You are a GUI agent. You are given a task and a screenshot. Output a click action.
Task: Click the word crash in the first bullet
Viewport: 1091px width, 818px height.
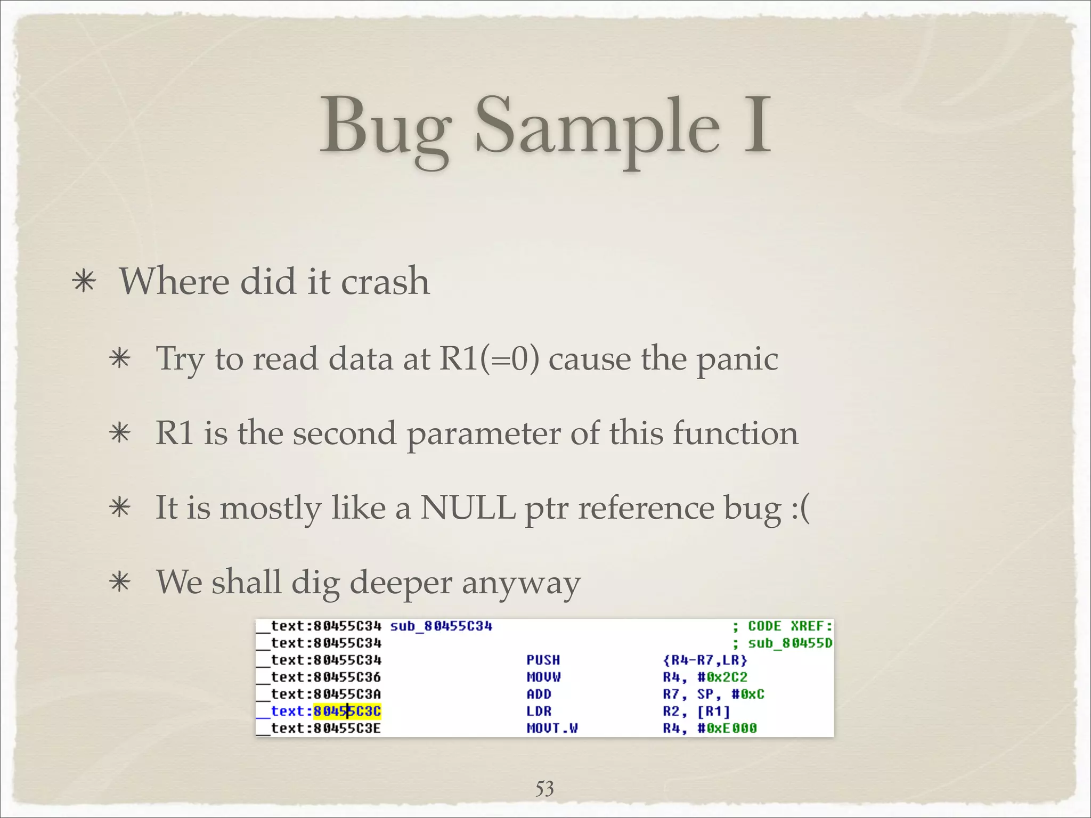385,282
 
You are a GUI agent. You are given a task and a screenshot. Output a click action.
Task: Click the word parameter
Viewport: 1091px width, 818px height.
483,434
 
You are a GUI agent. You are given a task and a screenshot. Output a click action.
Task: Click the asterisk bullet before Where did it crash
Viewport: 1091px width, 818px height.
85,282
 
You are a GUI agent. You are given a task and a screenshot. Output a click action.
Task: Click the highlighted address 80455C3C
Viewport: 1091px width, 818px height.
347,711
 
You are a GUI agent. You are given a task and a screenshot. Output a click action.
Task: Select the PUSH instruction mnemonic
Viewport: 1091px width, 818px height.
543,660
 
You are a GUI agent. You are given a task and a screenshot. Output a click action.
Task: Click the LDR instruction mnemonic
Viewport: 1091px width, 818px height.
539,711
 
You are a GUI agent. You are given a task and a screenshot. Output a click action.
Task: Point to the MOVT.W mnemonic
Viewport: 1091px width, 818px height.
552,729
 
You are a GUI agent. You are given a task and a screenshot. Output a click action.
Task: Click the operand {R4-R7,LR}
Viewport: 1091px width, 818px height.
705,660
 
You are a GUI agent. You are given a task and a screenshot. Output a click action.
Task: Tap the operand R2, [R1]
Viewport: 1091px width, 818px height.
696,711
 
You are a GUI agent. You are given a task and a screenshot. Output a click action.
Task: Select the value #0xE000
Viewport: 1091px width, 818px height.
727,729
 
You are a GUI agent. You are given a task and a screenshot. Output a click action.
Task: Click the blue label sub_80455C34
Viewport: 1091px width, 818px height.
441,626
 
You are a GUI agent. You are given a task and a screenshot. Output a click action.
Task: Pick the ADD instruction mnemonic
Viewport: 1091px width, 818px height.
539,694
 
